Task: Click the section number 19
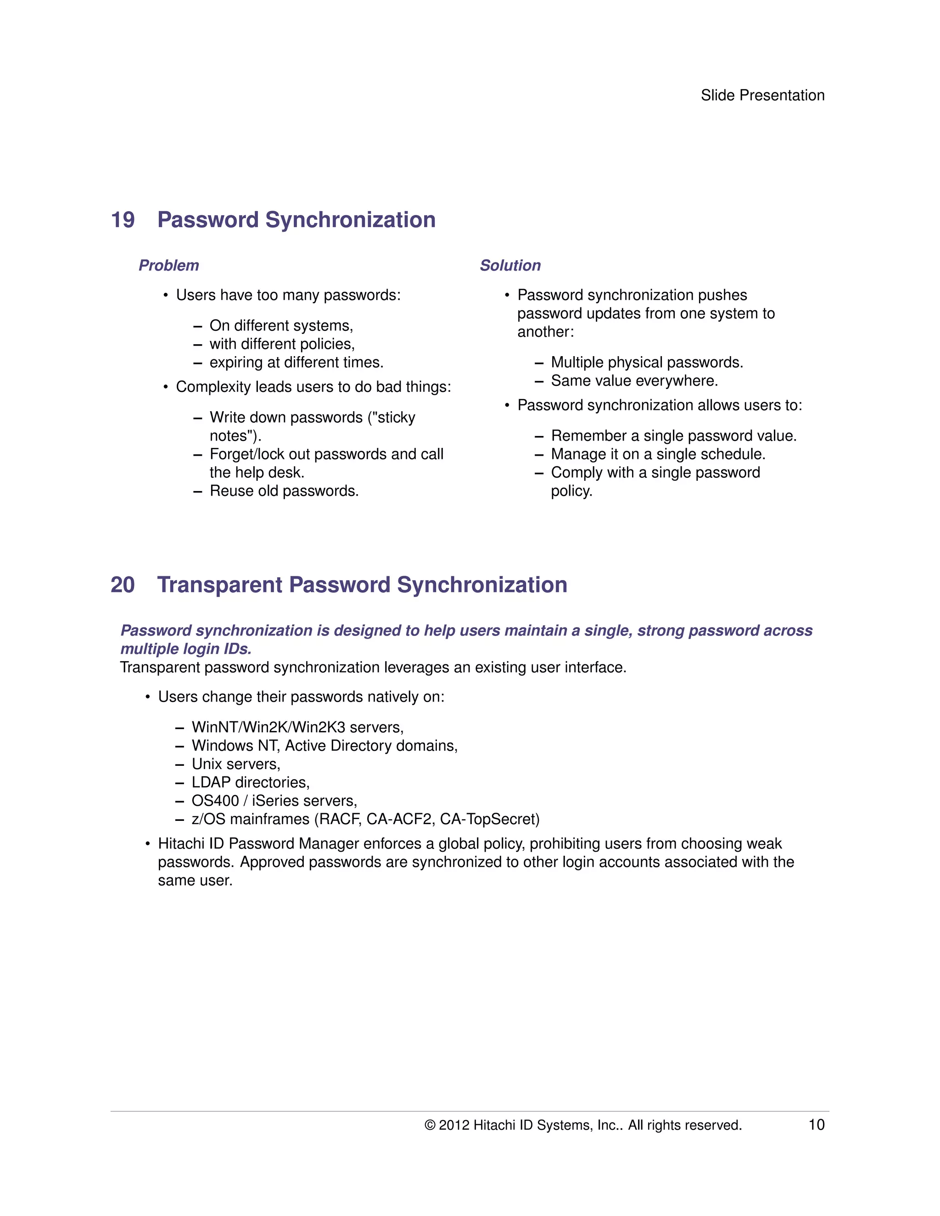123,220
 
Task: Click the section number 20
123,585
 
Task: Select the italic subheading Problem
169,266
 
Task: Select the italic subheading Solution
510,266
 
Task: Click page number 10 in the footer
817,1125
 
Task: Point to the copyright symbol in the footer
430,1125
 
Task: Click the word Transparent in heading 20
219,585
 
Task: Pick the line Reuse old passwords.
284,491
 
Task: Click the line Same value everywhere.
634,381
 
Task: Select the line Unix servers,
236,764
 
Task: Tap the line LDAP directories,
251,782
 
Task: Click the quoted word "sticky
392,418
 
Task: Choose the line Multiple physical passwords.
647,363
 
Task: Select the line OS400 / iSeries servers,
274,801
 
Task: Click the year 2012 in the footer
454,1125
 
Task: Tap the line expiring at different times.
296,363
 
